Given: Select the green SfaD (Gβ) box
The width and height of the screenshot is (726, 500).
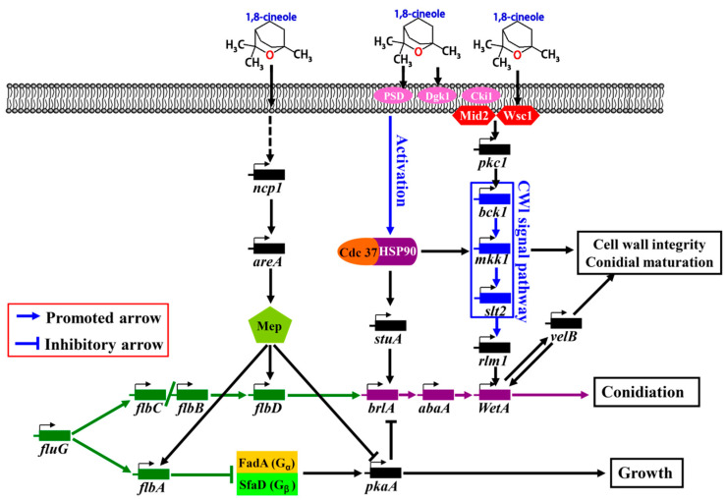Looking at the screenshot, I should click(267, 483).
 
